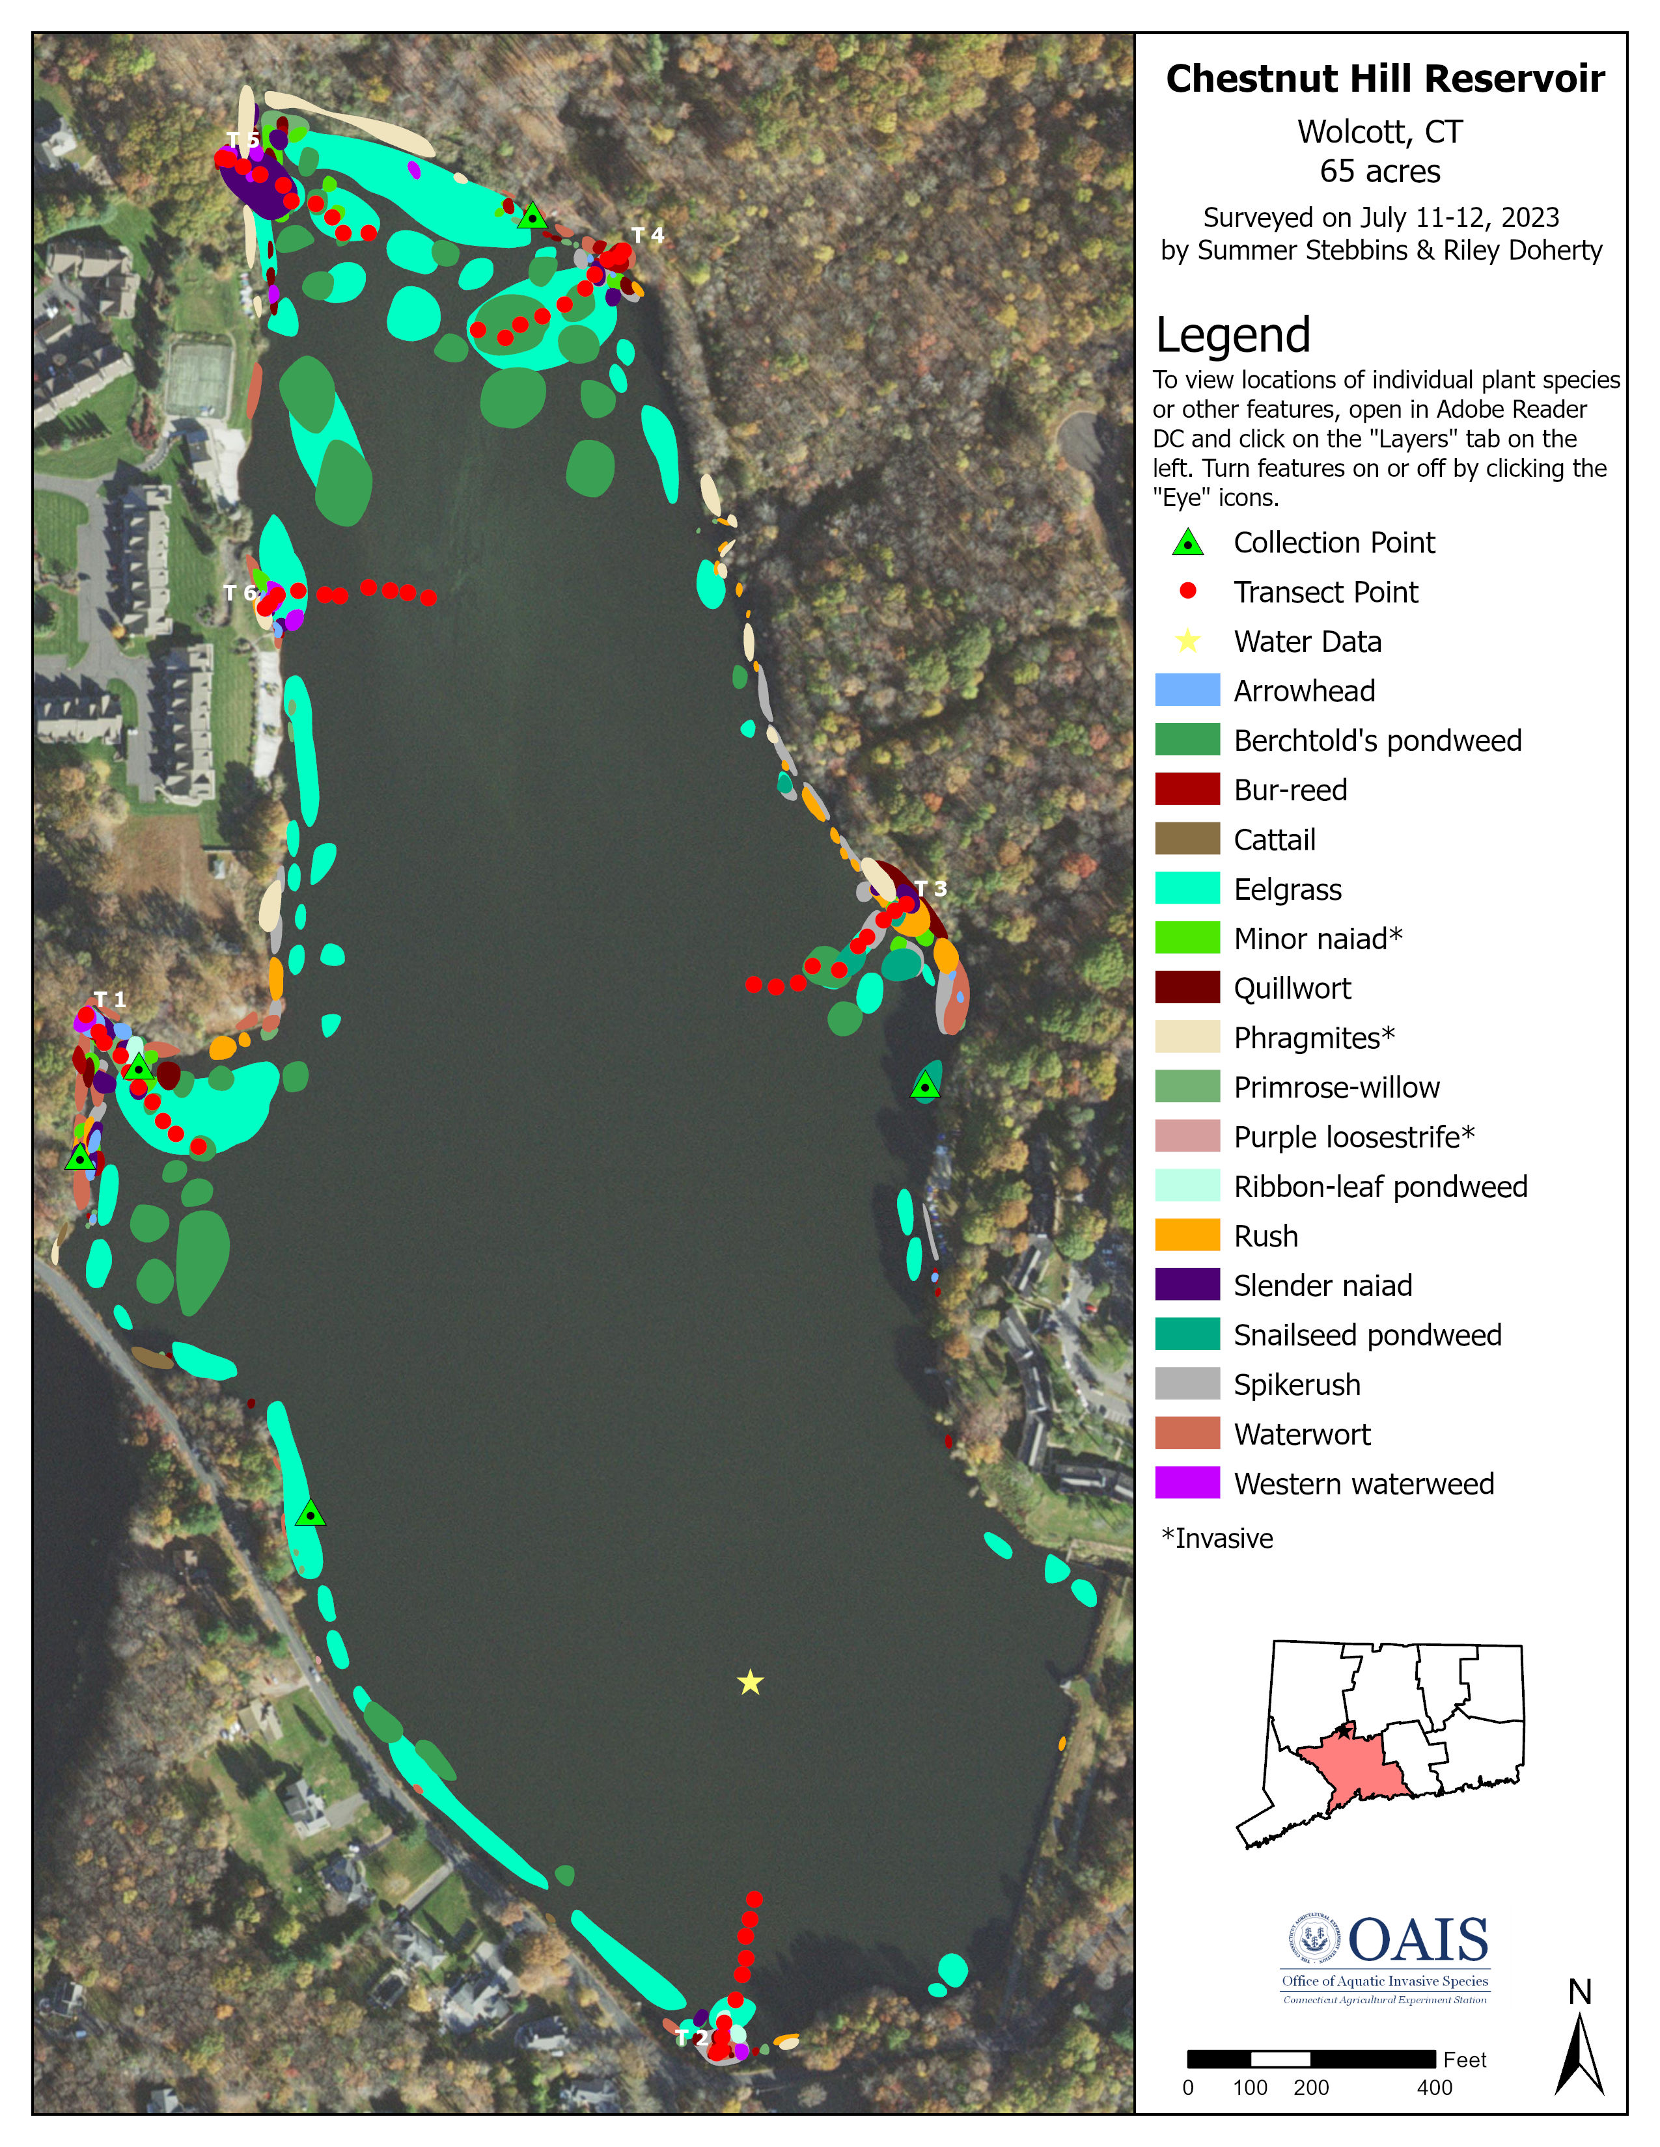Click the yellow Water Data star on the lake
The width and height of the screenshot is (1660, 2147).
[751, 1682]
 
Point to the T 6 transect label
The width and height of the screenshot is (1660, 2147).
[240, 592]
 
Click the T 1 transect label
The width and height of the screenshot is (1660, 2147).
[109, 1000]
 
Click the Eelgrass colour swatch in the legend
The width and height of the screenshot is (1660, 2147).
[1187, 889]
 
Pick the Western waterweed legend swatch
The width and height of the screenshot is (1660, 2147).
[1187, 1483]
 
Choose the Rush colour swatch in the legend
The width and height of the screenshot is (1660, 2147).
[1187, 1236]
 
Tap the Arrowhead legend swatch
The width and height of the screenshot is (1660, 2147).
[1187, 690]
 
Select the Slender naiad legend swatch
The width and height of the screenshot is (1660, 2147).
[1187, 1285]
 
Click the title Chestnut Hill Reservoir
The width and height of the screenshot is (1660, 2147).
[1385, 79]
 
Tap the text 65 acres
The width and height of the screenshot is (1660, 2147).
[1379, 171]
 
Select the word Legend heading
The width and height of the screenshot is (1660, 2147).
[1233, 335]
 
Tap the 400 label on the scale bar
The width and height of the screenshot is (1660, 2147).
[1434, 2087]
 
